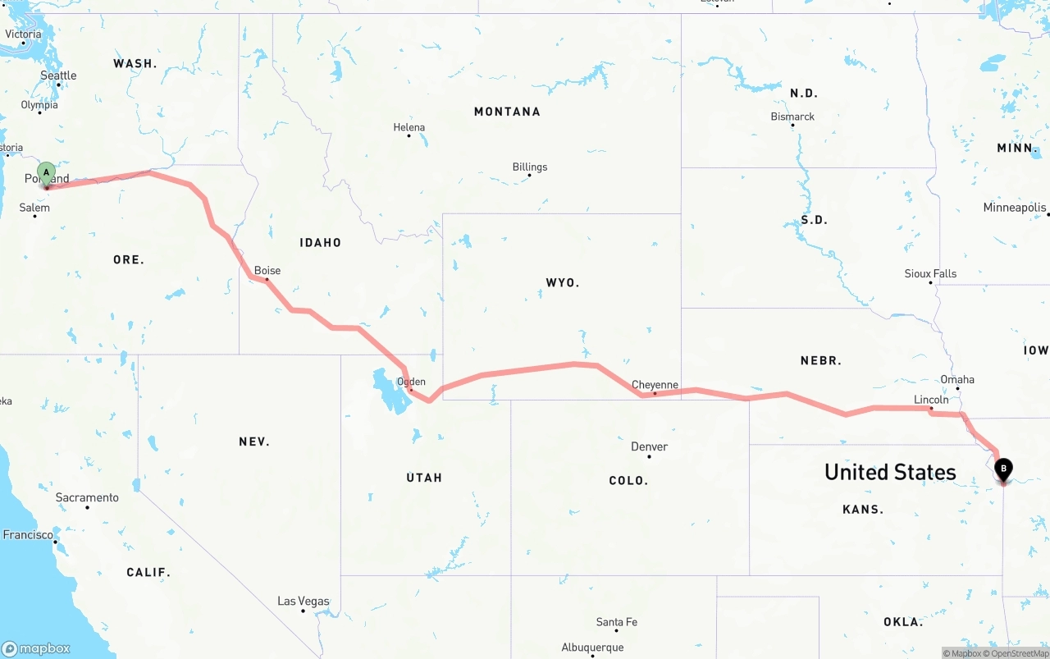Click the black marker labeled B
pyautogui.click(x=1002, y=469)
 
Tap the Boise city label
pyautogui.click(x=267, y=270)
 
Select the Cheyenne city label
pyautogui.click(x=655, y=385)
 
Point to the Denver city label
pyautogui.click(x=649, y=446)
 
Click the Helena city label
pyautogui.click(x=409, y=127)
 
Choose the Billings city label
pyautogui.click(x=529, y=167)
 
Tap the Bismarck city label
pyautogui.click(x=792, y=117)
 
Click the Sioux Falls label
pyautogui.click(x=930, y=273)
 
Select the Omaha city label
pyautogui.click(x=957, y=379)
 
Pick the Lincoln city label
pyautogui.click(x=931, y=400)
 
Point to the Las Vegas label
pyautogui.click(x=303, y=601)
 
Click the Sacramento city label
pyautogui.click(x=87, y=497)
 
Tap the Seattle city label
pyautogui.click(x=58, y=76)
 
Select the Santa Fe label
pyautogui.click(x=616, y=622)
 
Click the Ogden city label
pyautogui.click(x=411, y=382)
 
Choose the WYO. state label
pyautogui.click(x=563, y=282)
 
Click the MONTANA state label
pyautogui.click(x=507, y=112)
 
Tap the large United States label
pyautogui.click(x=890, y=472)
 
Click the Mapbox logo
pyautogui.click(x=36, y=648)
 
